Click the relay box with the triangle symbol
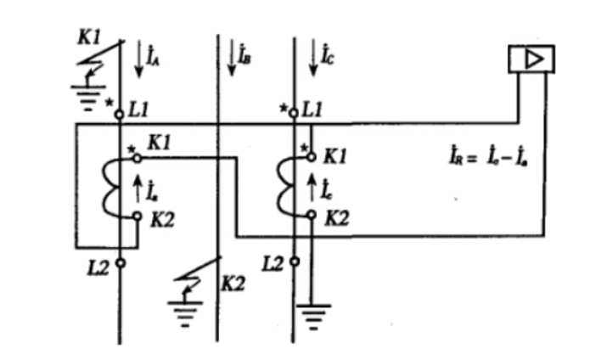(x=531, y=60)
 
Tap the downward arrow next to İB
(x=230, y=59)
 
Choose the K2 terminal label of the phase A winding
(x=165, y=218)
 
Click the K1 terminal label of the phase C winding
(x=336, y=156)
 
